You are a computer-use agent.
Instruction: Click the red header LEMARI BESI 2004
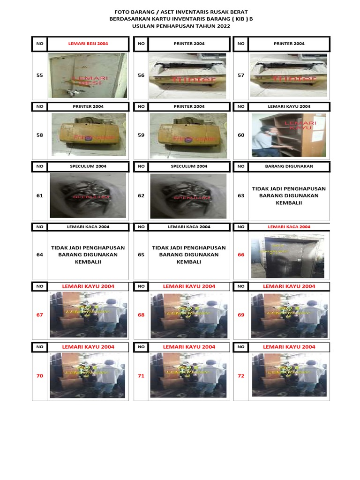coord(88,44)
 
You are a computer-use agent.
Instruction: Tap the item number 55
coord(39,75)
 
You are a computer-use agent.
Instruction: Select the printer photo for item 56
coord(187,75)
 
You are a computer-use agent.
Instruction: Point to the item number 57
coord(241,75)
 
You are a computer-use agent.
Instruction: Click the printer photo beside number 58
coord(89,135)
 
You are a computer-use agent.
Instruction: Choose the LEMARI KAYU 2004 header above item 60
coord(289,106)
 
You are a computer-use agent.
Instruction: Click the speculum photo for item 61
coord(89,195)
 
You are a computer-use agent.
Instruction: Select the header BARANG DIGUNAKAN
coord(289,165)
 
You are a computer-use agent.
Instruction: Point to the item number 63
coord(241,195)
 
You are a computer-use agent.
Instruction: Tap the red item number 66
coord(241,255)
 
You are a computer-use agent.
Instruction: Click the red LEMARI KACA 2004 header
coord(289,227)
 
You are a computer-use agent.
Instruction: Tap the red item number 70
coord(39,376)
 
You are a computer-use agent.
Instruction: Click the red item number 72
coord(241,376)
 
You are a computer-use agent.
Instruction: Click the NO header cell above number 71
coord(141,347)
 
